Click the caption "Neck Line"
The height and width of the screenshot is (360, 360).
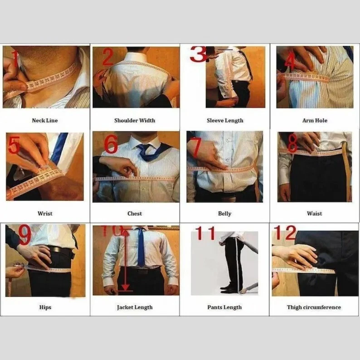pos(45,121)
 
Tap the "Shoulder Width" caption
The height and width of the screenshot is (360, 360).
pos(135,121)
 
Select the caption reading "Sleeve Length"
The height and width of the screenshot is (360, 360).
pos(225,121)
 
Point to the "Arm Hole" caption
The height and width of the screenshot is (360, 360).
pos(315,121)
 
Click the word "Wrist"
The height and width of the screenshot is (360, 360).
pos(45,214)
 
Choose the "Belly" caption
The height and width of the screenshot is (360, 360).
pos(224,214)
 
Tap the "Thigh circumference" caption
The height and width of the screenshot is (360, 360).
pos(314,307)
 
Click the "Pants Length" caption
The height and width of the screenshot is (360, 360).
pos(224,307)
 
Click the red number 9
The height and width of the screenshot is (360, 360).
pos(24,234)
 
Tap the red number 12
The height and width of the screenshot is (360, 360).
pos(285,233)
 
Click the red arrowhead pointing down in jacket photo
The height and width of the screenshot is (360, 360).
pos(125,287)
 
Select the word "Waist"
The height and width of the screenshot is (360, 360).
pos(315,214)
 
